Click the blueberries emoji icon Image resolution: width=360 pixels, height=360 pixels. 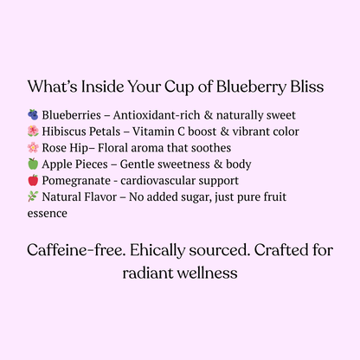(33, 115)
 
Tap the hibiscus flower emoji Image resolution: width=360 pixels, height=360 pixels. (33, 132)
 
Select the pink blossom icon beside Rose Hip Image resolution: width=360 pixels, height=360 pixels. (33, 148)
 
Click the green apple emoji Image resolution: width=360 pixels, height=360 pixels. (33, 164)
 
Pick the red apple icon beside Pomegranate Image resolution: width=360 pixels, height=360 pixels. (33, 181)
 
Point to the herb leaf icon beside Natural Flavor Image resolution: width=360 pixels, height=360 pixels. (33, 197)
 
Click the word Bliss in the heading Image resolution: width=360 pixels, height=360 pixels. (306, 87)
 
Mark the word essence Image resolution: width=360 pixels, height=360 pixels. (48, 213)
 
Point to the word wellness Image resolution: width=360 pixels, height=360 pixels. (207, 272)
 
